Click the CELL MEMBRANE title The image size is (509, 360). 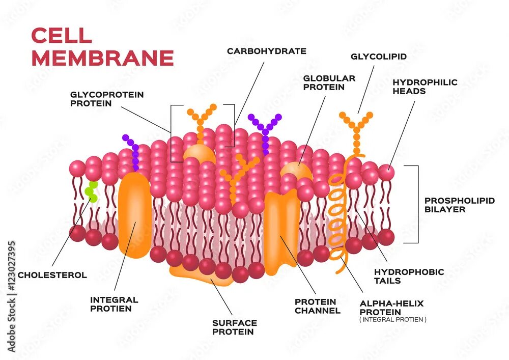click(x=102, y=47)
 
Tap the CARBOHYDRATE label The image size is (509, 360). click(x=266, y=51)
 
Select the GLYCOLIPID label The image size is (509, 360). click(x=378, y=57)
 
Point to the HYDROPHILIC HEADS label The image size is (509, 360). click(x=425, y=87)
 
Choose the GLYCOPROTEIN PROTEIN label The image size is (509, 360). click(x=107, y=99)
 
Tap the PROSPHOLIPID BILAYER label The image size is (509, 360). click(x=459, y=205)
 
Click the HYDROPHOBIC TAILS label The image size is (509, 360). click(x=409, y=276)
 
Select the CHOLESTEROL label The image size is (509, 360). click(x=52, y=275)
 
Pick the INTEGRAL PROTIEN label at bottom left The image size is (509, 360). click(x=114, y=304)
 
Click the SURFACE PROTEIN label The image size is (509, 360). click(x=234, y=327)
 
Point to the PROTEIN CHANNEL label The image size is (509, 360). click(x=317, y=306)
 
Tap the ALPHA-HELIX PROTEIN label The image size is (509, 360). click(x=391, y=307)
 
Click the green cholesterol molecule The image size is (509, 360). click(x=91, y=190)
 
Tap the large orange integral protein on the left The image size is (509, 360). click(x=135, y=214)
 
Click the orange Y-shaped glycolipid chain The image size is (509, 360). click(x=356, y=130)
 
